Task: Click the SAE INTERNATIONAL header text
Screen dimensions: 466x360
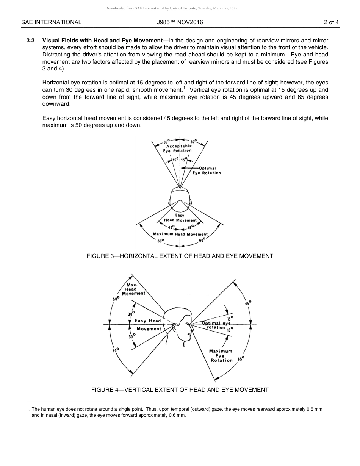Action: click(51, 22)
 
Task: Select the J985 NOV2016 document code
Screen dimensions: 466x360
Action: click(180, 22)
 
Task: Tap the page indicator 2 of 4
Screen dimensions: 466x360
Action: click(331, 22)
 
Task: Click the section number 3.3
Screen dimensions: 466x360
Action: click(31, 41)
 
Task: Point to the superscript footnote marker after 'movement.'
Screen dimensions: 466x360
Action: click(184, 88)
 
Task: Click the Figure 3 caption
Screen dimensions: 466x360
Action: click(180, 256)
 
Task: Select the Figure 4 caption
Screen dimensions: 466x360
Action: click(180, 390)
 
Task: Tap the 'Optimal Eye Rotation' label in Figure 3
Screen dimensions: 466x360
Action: click(207, 171)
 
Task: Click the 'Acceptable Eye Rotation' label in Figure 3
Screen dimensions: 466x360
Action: click(178, 148)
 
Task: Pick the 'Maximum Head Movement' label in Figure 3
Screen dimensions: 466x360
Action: click(180, 234)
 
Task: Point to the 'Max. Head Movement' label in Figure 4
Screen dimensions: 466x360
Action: click(133, 289)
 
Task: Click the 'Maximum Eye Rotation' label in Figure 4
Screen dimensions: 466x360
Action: click(221, 356)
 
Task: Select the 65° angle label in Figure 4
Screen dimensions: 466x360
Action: click(241, 358)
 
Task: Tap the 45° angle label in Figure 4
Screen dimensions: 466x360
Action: click(248, 303)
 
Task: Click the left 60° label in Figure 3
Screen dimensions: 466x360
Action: click(161, 240)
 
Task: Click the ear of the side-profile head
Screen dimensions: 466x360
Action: click(175, 325)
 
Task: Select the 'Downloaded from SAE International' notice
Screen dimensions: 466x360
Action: click(180, 8)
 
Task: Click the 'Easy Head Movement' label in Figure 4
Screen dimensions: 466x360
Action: click(148, 325)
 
